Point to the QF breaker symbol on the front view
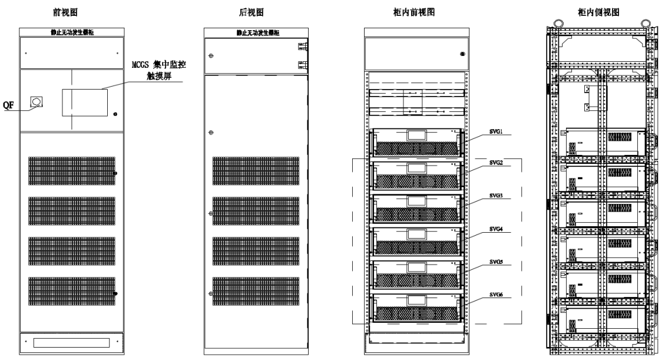pyautogui.click(x=37, y=103)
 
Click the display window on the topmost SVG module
pyautogui.click(x=416, y=134)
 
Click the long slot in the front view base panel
pyautogui.click(x=71, y=342)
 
